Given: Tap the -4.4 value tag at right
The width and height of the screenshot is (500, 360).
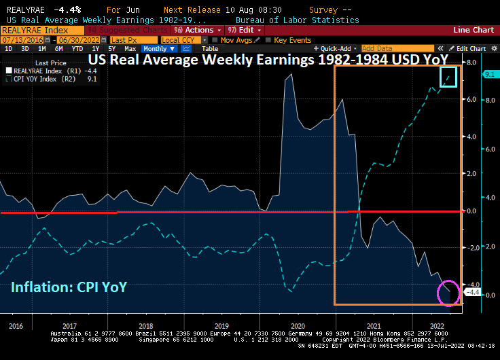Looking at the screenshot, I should click(x=471, y=292).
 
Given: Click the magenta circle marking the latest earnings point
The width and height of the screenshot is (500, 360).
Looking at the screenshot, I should click(x=448, y=292).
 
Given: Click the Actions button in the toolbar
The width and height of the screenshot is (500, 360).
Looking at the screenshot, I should click(x=198, y=30).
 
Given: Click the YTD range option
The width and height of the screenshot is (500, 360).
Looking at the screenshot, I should click(x=77, y=49).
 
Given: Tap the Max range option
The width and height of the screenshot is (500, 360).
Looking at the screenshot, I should click(x=130, y=49).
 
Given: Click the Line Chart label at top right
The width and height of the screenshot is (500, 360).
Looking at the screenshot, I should click(x=474, y=30).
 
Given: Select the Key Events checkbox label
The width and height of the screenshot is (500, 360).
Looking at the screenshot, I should click(x=292, y=39).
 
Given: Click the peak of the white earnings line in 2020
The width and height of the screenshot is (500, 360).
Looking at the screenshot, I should click(x=289, y=74).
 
